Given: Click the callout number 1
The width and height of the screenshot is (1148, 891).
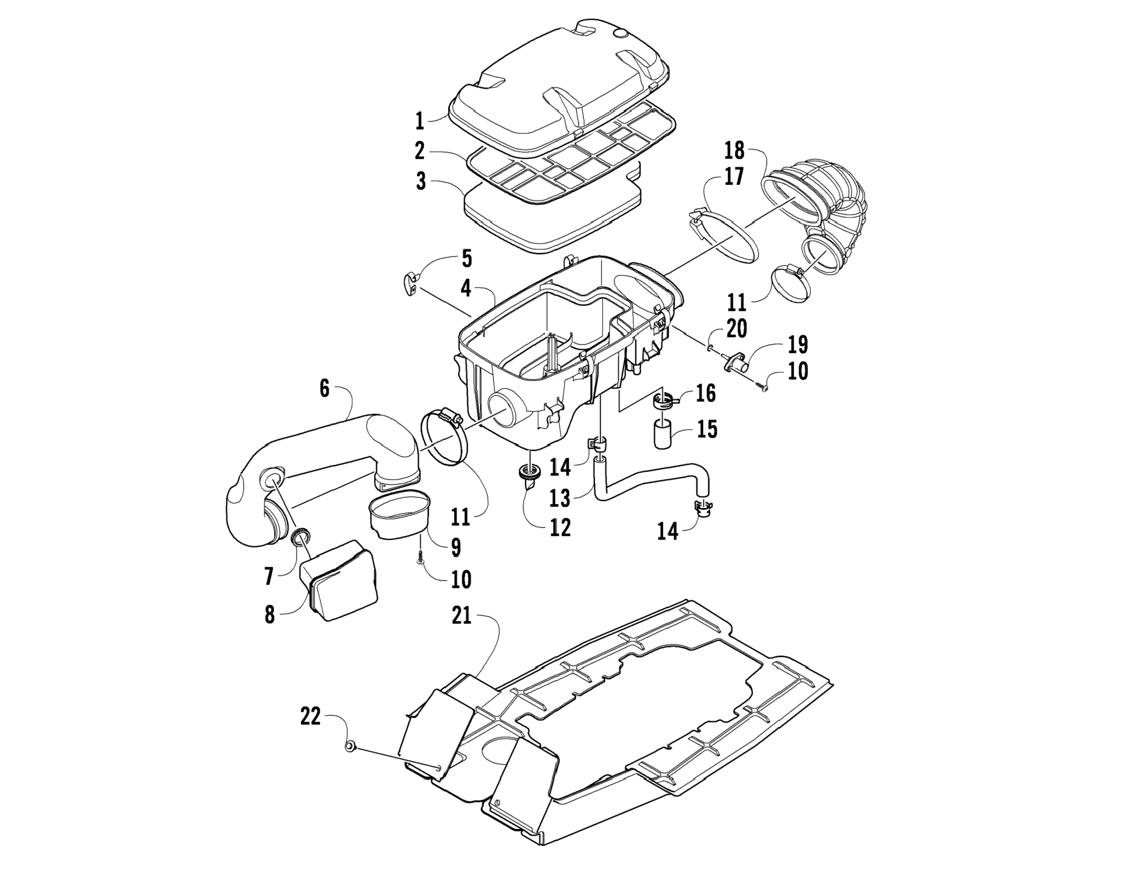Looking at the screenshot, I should pyautogui.click(x=419, y=120).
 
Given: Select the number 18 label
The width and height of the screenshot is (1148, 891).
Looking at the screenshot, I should pyautogui.click(x=734, y=151).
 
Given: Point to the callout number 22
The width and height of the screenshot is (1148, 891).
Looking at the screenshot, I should pyautogui.click(x=310, y=716).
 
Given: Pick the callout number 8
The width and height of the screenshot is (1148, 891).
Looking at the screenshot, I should pyautogui.click(x=270, y=614).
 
